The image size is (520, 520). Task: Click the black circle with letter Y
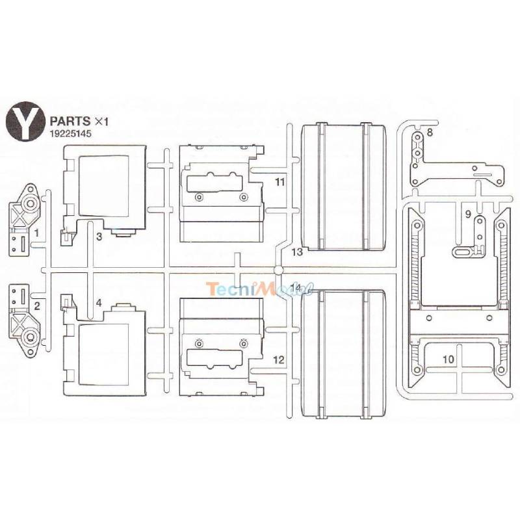25,122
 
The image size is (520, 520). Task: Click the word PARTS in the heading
70,121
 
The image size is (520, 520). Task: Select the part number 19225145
70,134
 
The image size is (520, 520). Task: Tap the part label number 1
36,233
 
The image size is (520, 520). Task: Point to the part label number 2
37,305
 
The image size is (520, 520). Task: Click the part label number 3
99,237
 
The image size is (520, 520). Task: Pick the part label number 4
99,303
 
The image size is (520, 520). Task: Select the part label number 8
430,133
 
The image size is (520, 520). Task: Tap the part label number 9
468,214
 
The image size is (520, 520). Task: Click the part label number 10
448,359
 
